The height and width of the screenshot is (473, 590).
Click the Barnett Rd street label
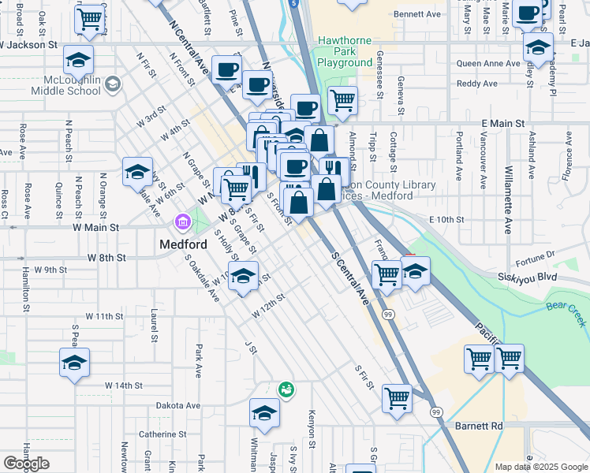[479, 426]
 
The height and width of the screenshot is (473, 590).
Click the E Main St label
[503, 124]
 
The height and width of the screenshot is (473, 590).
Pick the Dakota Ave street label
[175, 406]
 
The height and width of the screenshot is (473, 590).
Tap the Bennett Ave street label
[416, 14]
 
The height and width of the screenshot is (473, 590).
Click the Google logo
[27, 464]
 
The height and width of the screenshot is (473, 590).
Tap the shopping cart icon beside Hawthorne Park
[342, 100]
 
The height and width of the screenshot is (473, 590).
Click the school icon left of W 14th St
[75, 363]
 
